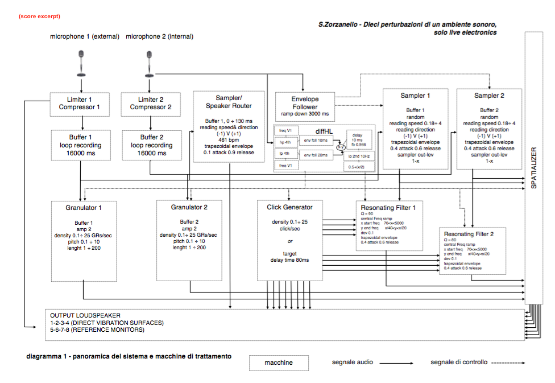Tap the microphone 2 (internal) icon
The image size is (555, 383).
tap(150, 64)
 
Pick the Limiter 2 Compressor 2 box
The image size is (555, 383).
tap(151, 104)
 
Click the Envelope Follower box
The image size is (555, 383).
tap(305, 103)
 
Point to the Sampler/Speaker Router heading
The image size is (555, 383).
tap(229, 102)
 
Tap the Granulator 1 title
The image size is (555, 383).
tap(84, 208)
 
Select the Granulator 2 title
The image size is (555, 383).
tap(189, 208)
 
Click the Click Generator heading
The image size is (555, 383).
tap(289, 207)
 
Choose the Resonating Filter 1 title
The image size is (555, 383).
tap(388, 208)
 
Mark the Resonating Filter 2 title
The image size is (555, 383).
tap(469, 234)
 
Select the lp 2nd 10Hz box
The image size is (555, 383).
tap(358, 155)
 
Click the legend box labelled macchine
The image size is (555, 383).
tap(279, 363)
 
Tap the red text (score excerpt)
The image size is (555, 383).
tap(39, 17)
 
